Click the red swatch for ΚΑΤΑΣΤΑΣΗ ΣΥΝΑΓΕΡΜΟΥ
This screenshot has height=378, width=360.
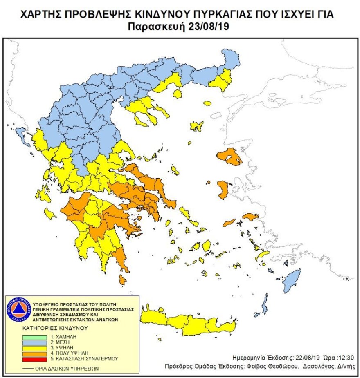35,358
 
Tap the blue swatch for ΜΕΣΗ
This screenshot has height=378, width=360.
35,341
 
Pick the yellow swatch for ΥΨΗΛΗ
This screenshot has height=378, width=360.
35,347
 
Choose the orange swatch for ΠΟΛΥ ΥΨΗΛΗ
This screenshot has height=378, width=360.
35,353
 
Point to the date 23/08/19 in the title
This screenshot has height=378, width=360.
211,27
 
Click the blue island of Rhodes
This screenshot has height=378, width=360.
292,280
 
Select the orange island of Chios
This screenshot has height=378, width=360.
223,190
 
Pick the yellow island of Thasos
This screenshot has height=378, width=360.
177,94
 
